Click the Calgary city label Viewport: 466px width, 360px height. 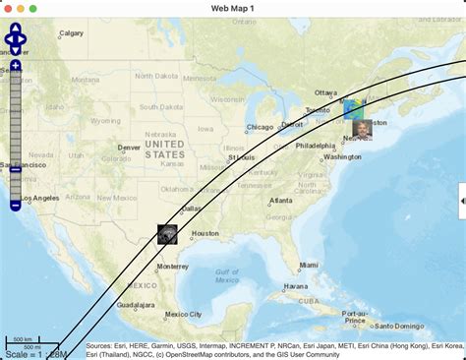pos(71,33)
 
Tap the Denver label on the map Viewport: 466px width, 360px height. pos(129,148)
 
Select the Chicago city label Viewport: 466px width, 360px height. pos(261,127)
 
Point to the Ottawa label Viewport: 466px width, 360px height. pos(325,92)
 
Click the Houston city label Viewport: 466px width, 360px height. pos(204,233)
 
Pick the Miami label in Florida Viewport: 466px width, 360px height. pos(309,265)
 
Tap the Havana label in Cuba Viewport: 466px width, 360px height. pos(296,288)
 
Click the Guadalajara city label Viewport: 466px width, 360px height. pos(136,305)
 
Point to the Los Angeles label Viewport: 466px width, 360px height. pos(38,199)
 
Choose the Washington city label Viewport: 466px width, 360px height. pos(342,157)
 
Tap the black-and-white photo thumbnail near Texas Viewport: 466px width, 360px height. pos(168,233)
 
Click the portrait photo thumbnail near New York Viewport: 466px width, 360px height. pos(362,130)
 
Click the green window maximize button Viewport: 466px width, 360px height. pos(32,8)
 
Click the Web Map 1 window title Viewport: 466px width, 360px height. pos(233,8)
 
